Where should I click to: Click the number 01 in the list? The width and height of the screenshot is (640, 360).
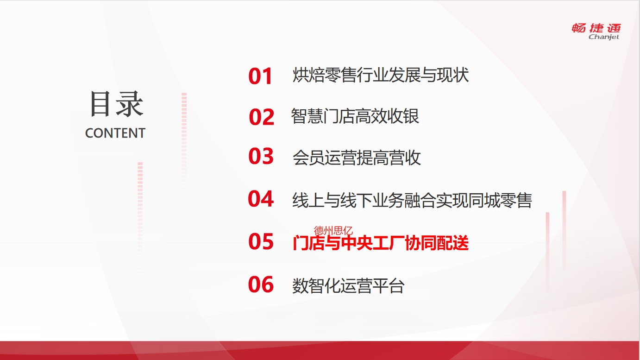coord(260,76)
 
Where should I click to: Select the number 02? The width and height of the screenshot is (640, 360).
coord(262,117)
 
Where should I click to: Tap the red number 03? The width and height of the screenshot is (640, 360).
coord(261,156)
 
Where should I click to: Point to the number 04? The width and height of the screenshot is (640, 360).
coord(261,199)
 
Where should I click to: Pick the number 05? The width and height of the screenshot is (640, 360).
coord(261,241)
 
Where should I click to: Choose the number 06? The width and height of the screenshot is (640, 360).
coord(261,284)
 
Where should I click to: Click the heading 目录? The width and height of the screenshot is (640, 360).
coord(116,104)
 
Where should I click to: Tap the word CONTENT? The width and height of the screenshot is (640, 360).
coord(115,133)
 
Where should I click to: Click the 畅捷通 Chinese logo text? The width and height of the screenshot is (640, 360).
coord(596,28)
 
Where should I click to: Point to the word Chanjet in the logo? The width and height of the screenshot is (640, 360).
coord(604,37)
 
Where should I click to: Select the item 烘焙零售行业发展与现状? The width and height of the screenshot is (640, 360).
coord(381,75)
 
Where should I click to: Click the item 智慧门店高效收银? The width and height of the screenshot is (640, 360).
coord(355,116)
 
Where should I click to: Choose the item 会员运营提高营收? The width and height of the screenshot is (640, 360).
coord(357,158)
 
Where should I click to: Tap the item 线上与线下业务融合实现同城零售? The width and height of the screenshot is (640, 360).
coord(412,200)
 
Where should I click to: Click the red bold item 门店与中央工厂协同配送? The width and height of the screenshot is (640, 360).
coord(381,243)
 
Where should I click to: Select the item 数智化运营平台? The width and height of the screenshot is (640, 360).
coord(348,286)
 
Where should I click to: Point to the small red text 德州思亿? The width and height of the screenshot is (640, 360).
coord(333,230)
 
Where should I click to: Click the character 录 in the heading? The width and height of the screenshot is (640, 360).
coord(130,104)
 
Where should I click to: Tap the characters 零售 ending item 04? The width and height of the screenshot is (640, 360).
coord(516,200)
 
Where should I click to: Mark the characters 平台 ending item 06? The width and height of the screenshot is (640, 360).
coord(389,286)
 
